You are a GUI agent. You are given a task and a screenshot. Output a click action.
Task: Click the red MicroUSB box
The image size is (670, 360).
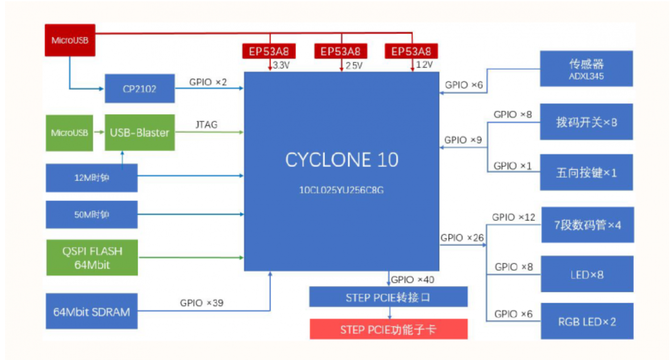click(70, 40)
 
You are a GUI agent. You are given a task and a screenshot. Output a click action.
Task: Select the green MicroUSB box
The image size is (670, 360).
click(69, 133)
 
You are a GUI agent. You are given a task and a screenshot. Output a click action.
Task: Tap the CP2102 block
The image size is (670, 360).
click(140, 89)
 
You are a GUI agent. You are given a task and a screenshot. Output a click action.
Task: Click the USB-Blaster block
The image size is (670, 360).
click(140, 133)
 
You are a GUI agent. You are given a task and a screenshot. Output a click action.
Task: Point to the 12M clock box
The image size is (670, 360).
click(91, 178)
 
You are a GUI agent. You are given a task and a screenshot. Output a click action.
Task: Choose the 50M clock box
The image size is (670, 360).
click(91, 215)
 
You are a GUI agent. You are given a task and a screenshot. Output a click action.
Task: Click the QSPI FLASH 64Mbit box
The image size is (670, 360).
click(92, 258)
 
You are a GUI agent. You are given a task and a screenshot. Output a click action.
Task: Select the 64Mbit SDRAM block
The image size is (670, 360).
click(91, 312)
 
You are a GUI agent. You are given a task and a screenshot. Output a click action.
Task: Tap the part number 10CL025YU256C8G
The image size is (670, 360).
click(341, 190)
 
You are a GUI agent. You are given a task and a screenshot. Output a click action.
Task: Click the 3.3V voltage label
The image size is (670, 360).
click(281, 65)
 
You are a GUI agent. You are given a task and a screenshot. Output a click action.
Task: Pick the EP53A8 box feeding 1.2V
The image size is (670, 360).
click(411, 51)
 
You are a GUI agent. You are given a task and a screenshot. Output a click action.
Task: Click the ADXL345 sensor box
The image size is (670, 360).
click(586, 69)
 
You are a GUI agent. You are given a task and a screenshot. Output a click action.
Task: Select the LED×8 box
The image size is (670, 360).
click(587, 274)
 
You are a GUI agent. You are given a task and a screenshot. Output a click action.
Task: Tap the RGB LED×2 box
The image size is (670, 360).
click(587, 321)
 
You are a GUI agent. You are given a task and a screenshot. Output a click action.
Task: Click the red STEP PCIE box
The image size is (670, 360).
click(388, 329)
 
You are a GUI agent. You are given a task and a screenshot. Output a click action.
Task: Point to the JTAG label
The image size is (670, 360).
click(206, 125)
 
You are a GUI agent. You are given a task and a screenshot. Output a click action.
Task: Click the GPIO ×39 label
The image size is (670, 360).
click(202, 303)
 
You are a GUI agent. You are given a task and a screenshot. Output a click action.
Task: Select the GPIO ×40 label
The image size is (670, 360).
click(412, 279)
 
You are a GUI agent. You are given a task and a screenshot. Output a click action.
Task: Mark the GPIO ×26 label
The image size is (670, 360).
click(462, 238)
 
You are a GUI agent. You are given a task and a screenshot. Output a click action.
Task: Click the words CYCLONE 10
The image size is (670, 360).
click(342, 160)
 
